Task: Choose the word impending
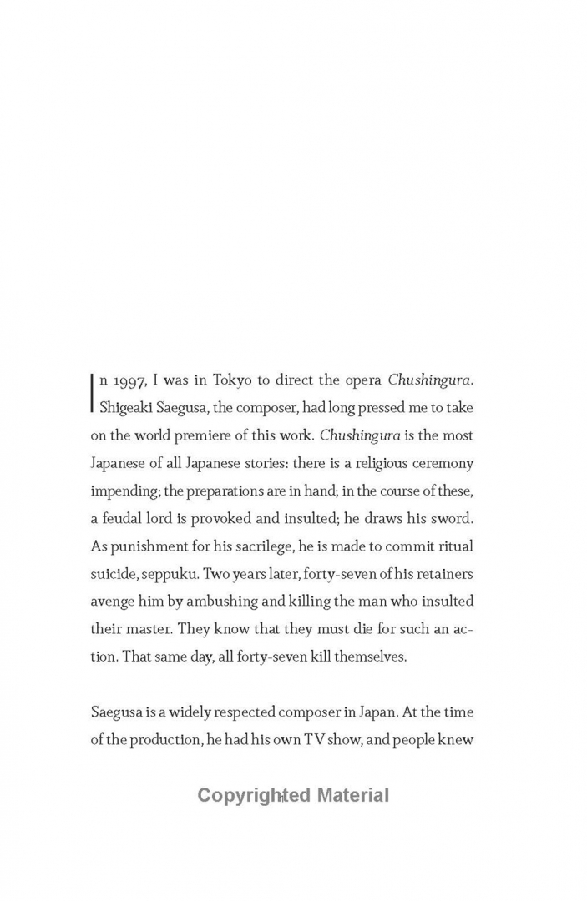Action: [123, 490]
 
